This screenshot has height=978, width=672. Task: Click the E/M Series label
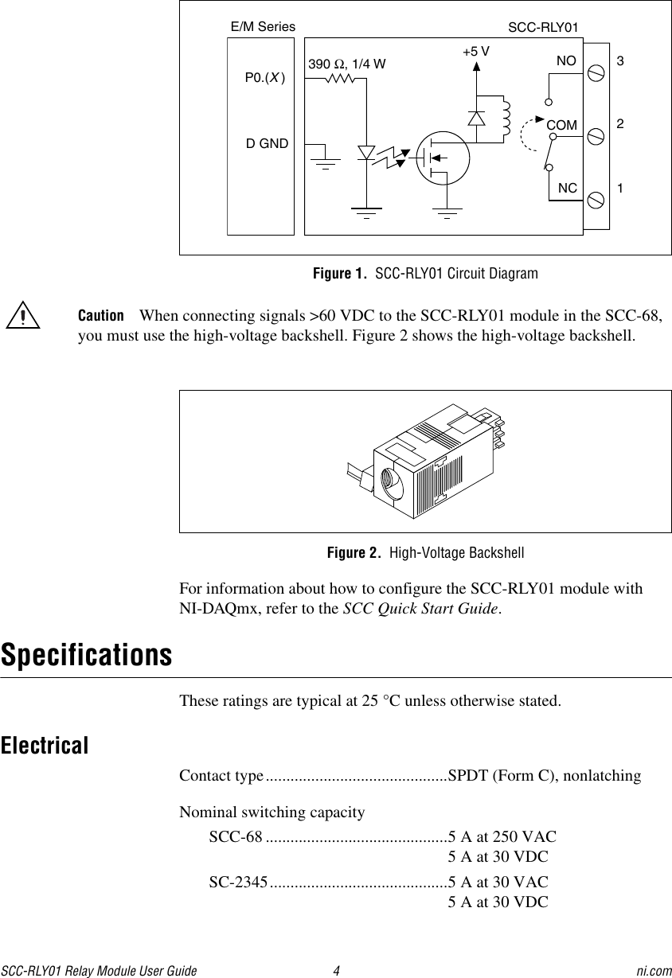262,26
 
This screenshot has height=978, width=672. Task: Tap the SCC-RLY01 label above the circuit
542,29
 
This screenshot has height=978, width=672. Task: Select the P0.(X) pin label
265,77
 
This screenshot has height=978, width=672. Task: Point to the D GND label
267,144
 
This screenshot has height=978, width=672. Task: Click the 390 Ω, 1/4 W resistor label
347,64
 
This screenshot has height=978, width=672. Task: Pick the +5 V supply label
475,51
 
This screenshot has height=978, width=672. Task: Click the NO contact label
566,60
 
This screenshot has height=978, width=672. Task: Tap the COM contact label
561,126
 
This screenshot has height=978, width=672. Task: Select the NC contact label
567,189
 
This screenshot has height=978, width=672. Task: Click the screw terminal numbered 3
595,74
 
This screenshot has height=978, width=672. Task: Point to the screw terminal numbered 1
595,197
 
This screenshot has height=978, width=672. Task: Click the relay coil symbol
505,119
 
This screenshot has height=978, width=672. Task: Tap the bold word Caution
100,315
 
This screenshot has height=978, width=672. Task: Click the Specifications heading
86,656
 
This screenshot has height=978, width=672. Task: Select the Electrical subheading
45,746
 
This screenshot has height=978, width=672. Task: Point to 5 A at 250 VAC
502,836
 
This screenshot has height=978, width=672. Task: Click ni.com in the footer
654,971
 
